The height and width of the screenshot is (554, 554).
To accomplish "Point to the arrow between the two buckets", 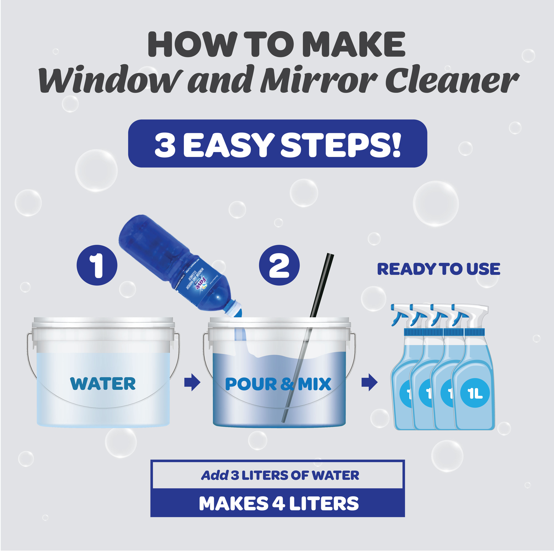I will click(192, 382).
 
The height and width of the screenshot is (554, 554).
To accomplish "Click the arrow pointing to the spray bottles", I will click(369, 382).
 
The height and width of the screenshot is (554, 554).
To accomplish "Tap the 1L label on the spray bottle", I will click(475, 394).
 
